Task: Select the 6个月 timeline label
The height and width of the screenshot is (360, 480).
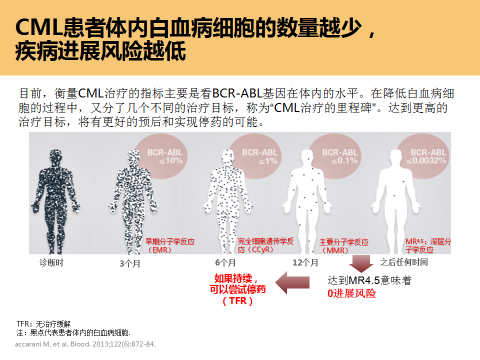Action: [224, 262]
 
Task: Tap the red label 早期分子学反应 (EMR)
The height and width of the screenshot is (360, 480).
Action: [169, 244]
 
